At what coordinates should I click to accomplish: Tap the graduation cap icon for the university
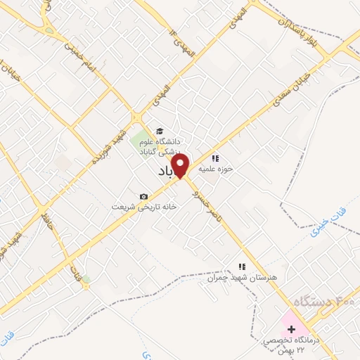click(160, 131)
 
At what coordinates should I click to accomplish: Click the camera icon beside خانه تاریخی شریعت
click(144, 196)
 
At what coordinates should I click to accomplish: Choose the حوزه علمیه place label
click(215, 169)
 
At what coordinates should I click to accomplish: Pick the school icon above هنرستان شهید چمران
click(242, 267)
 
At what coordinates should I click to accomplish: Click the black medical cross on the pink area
click(292, 329)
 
